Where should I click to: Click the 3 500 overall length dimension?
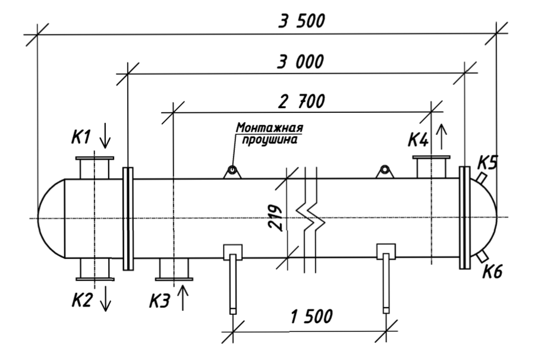[301, 21]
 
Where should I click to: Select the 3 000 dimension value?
[300, 62]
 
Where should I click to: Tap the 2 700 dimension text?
[301, 102]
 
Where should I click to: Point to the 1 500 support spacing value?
[311, 317]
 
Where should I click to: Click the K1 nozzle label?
[81, 137]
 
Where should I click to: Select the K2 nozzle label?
[82, 300]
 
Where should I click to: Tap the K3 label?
[160, 301]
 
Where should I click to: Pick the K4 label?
[418, 140]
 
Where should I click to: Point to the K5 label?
[488, 163]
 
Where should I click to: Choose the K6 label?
[492, 271]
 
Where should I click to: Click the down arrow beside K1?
[105, 137]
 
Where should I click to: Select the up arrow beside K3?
[183, 297]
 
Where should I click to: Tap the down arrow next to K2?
[105, 298]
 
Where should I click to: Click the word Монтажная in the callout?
[269, 128]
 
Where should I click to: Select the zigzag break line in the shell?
[310, 220]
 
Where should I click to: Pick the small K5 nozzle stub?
[481, 178]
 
